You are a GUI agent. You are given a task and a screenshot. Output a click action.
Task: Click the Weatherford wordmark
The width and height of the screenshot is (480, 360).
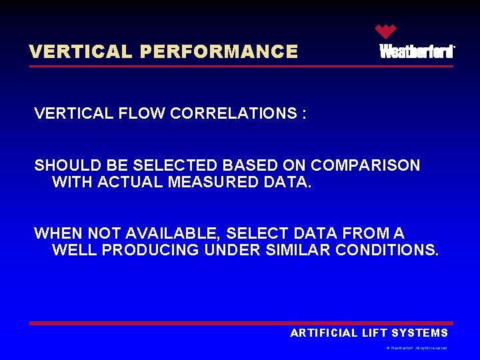pos(417,52)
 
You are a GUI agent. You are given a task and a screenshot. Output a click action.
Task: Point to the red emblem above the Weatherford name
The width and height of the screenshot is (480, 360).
pos(385,31)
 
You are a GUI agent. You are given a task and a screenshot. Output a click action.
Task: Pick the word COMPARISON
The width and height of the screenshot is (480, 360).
pos(365,165)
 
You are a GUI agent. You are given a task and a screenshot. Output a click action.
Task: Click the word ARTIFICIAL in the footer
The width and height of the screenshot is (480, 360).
pos(323,333)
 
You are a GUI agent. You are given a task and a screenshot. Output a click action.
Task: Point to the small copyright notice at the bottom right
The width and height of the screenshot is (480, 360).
pos(417,348)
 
